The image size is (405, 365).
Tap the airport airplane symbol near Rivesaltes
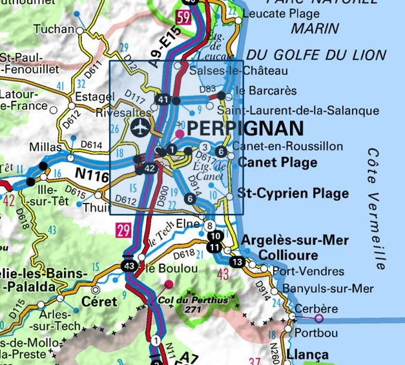(x=139, y=127)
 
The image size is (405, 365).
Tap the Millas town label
(x=45, y=147)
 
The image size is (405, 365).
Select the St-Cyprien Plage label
(x=293, y=193)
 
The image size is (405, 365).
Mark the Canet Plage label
(x=278, y=162)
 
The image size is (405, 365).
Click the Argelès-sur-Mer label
(x=295, y=241)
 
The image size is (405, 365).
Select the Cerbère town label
(x=316, y=309)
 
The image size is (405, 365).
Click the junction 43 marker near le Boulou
(x=129, y=266)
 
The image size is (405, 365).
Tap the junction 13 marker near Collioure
(x=237, y=262)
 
